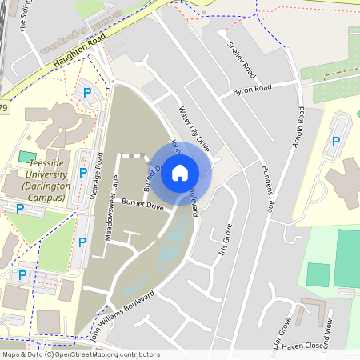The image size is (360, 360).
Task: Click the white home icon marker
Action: [x=180, y=172]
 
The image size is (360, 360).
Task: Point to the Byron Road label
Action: [x=252, y=87]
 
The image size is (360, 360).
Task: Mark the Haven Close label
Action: [x=302, y=345]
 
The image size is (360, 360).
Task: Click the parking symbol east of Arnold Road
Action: [x=336, y=142]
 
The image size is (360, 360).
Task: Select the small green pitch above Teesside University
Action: [x=27, y=155]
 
